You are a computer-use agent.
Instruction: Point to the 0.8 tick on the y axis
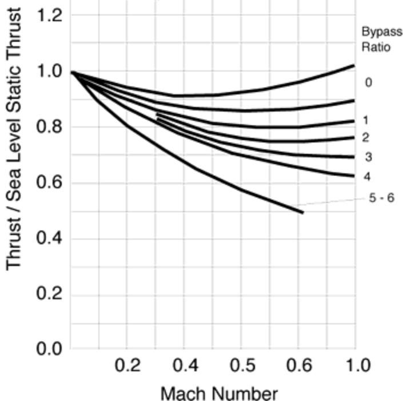tap(50, 127)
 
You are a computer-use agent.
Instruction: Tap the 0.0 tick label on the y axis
tap(50, 348)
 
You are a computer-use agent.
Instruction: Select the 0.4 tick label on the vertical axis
tap(50, 239)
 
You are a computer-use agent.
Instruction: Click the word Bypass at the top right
tap(381, 31)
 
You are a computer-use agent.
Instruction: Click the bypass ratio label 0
tap(368, 83)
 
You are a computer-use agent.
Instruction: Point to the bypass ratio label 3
tap(368, 157)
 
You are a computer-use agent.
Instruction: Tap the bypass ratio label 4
tap(367, 177)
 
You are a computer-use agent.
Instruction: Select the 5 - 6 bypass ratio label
tap(381, 198)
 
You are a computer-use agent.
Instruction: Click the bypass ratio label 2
tap(365, 138)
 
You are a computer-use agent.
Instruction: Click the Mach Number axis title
tap(218, 394)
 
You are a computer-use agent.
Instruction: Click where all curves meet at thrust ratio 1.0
tap(72, 72)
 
